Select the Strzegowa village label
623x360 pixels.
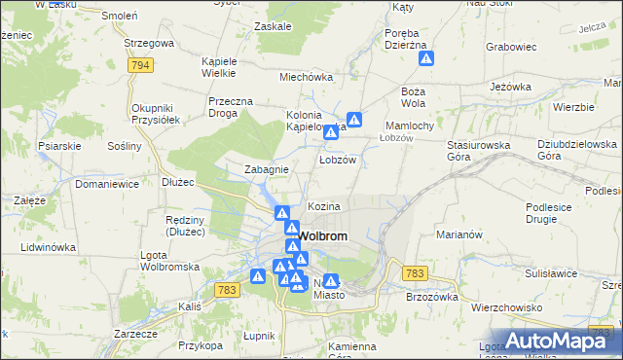pyautogui.click(x=149, y=44)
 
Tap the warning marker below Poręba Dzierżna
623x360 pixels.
pyautogui.click(x=426, y=59)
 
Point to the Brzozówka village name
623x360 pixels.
pyautogui.click(x=431, y=298)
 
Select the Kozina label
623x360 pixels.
pyautogui.click(x=324, y=207)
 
